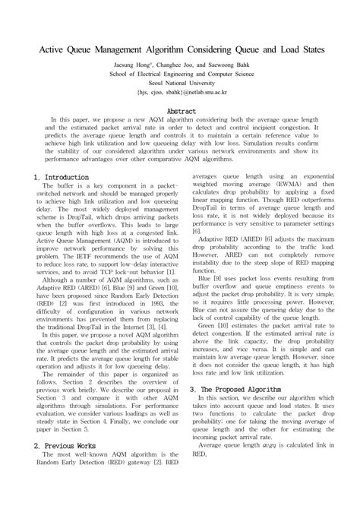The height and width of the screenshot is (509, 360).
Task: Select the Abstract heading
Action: tap(180, 111)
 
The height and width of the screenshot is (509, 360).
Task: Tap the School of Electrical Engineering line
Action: tap(180, 77)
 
